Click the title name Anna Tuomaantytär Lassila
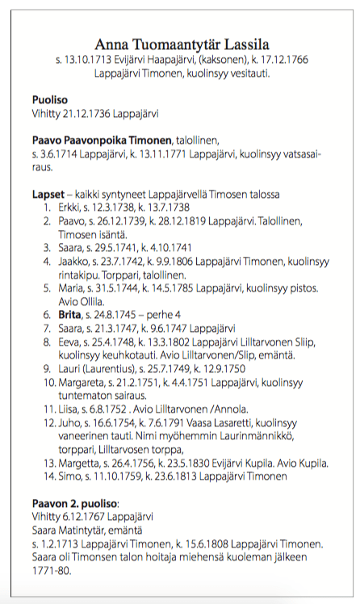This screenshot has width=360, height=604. (181, 44)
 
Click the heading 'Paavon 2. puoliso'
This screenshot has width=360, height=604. (75, 503)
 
